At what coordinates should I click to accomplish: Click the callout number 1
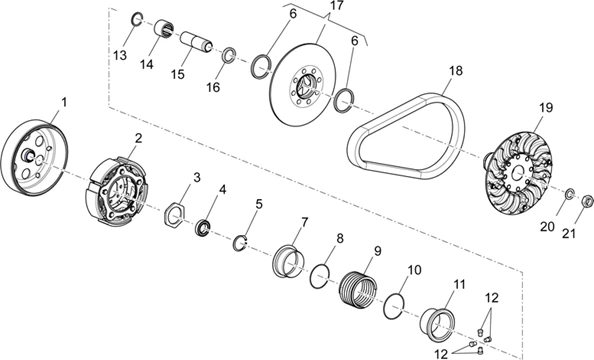tap(64, 102)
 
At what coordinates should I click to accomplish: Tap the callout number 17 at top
tap(336, 6)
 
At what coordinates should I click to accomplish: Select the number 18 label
tap(456, 71)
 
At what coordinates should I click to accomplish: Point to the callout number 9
tap(377, 250)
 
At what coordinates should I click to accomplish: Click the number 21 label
tap(568, 233)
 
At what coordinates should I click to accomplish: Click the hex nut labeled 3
tap(174, 216)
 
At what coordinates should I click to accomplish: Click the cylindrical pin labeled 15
tap(195, 42)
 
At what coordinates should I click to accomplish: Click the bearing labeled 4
tap(203, 228)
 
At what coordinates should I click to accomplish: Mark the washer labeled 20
tap(570, 194)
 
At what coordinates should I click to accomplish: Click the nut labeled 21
tap(587, 200)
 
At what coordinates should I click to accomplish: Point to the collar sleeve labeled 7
tap(288, 261)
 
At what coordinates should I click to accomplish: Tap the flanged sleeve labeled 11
tap(437, 325)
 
